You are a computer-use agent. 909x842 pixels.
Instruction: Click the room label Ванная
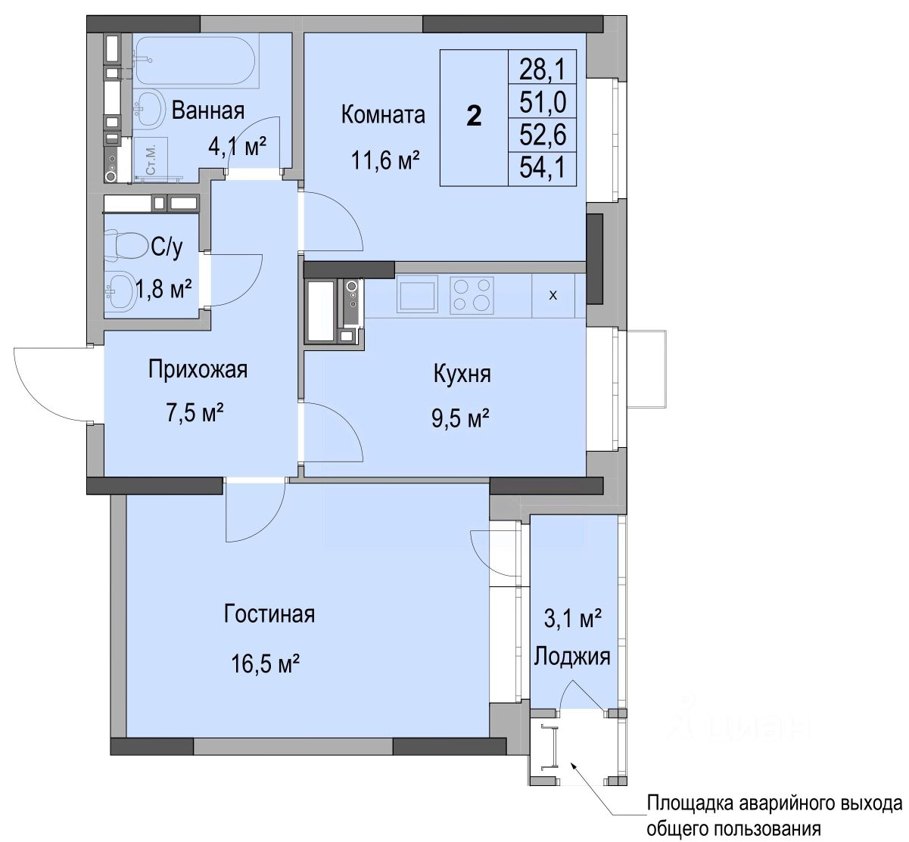point(208,110)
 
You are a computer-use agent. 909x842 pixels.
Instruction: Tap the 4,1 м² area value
point(237,146)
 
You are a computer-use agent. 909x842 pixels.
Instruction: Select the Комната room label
point(383,114)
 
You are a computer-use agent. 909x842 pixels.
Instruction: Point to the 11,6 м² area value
point(385,160)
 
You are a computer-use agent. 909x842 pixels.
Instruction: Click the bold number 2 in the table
point(474,116)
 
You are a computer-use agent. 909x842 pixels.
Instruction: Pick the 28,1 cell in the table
point(543,70)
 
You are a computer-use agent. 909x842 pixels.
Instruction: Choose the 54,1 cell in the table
point(543,167)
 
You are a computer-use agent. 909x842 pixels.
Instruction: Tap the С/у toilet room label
point(167,247)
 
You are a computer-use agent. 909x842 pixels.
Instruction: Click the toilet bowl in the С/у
point(124,246)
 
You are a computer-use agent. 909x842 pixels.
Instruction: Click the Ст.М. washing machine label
point(151,160)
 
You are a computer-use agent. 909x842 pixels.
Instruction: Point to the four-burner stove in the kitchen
point(472,295)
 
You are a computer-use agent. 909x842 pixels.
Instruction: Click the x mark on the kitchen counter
point(553,295)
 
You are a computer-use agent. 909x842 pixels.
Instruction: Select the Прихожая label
point(198,369)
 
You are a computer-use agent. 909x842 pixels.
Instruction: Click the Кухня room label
point(462,374)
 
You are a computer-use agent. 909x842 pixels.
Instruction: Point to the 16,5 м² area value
point(266,664)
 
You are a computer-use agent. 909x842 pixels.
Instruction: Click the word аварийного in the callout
point(777,803)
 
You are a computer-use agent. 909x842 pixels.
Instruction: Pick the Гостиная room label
point(269,614)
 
